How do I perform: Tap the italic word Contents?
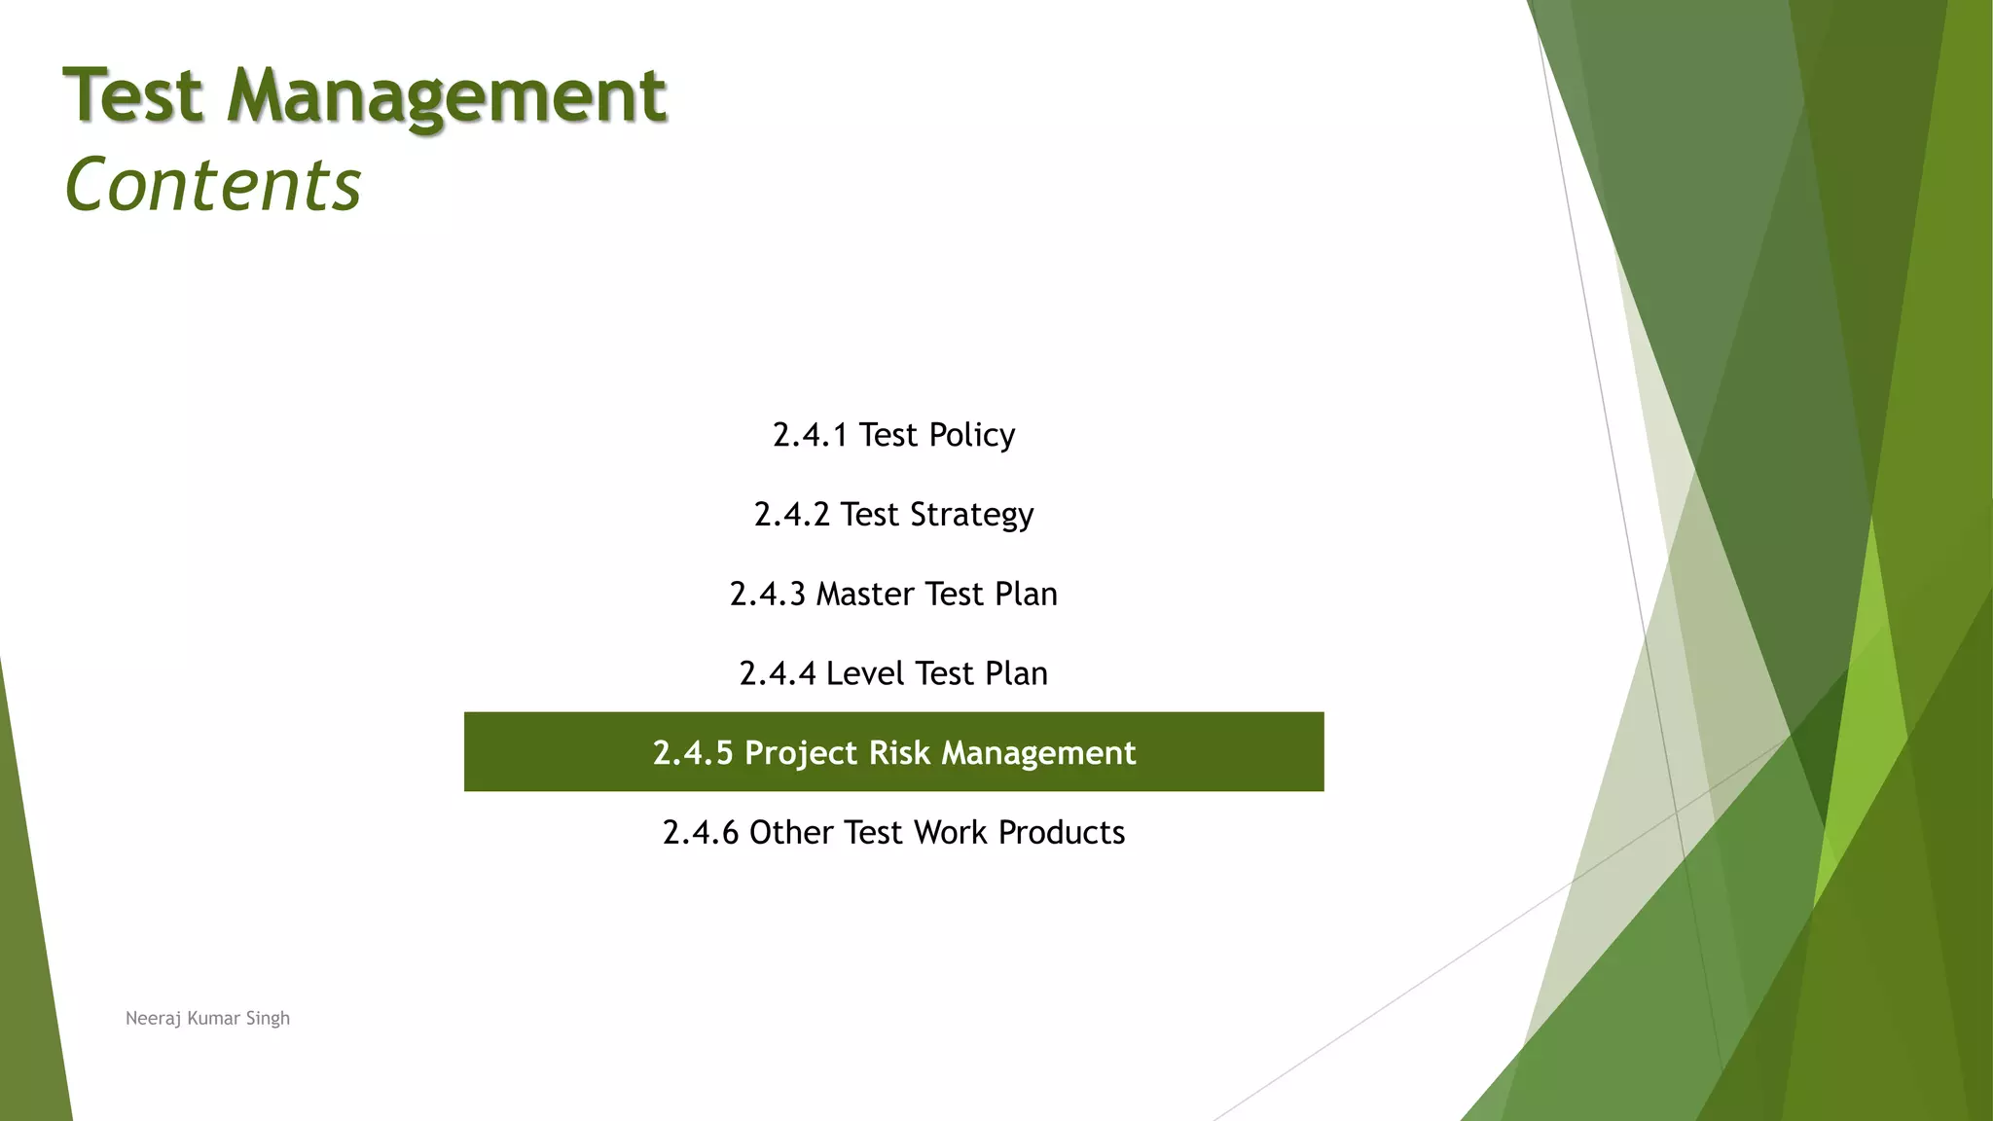212,185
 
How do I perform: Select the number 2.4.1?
810,435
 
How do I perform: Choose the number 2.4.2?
791,515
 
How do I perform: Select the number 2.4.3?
767,595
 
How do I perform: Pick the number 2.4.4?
777,673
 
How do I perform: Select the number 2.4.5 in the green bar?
692,753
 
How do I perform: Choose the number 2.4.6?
700,833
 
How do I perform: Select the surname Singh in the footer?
268,1019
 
